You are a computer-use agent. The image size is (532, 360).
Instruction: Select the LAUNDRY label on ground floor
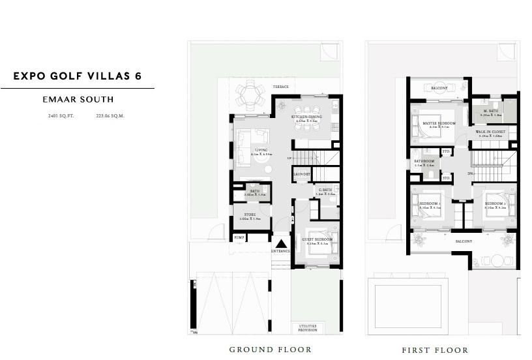[301, 174]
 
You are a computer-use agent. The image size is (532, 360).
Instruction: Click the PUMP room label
[239, 239]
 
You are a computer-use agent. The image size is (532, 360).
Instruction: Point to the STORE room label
[250, 214]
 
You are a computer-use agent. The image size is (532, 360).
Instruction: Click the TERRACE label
[281, 87]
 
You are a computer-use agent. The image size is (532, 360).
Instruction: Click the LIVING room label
[261, 149]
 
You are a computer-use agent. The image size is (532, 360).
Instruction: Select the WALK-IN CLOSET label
[490, 132]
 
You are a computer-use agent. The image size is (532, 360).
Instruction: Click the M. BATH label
[491, 110]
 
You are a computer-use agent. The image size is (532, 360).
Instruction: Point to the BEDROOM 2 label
[495, 203]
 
